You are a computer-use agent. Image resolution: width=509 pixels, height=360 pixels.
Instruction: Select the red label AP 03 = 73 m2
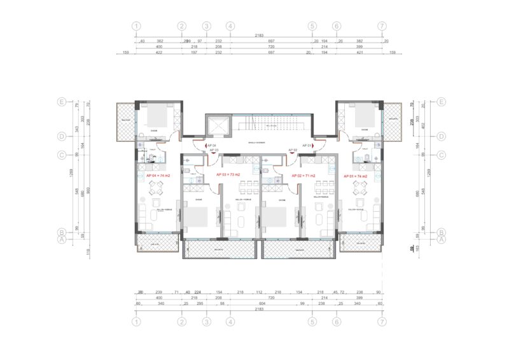228,174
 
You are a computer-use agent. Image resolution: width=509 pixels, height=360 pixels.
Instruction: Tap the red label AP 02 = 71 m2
303,174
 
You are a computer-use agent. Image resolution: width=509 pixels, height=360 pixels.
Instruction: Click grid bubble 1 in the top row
136,26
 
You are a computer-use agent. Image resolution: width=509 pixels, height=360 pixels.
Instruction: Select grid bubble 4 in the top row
230,26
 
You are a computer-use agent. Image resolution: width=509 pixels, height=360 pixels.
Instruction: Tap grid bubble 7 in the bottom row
382,322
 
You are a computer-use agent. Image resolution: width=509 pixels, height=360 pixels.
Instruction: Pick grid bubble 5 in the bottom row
312,322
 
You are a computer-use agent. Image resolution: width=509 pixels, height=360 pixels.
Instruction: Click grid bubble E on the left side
62,102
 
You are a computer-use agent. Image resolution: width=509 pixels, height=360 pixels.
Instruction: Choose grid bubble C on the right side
440,154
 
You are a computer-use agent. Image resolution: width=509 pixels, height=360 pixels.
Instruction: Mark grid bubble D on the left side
62,136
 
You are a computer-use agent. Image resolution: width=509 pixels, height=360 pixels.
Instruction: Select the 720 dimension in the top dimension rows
270,47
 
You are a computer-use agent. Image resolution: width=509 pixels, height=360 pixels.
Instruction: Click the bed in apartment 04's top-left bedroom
157,117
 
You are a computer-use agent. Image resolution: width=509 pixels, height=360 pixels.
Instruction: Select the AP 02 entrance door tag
293,150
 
